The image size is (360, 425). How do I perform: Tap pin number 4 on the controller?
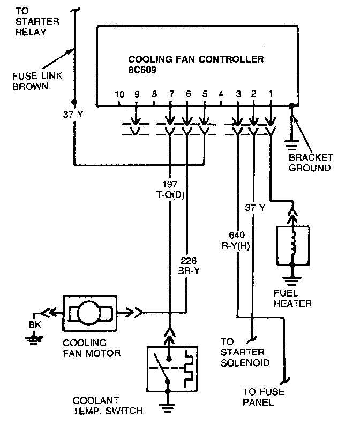221,95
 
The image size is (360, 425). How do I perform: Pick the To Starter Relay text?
32,21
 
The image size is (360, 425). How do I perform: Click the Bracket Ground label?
311,163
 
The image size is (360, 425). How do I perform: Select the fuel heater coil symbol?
292,245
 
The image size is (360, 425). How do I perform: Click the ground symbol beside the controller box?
292,144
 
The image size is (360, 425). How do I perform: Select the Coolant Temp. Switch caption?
108,405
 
